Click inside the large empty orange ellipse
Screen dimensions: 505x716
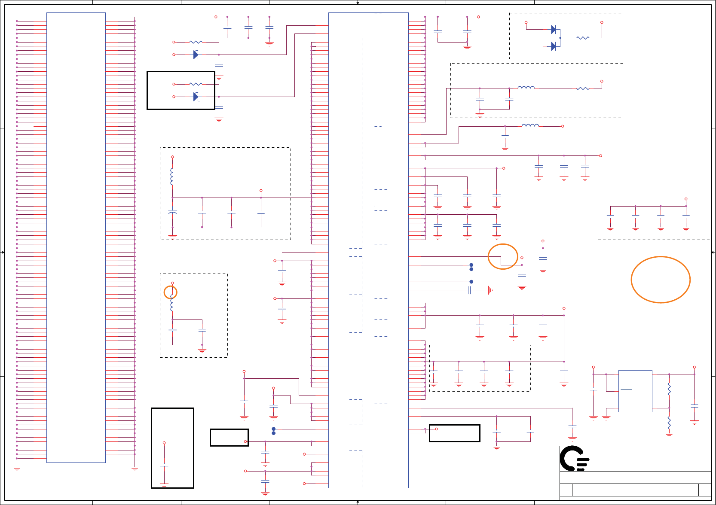[x=661, y=280]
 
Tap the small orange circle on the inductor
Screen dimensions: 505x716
[x=171, y=292]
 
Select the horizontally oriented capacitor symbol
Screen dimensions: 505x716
[x=470, y=290]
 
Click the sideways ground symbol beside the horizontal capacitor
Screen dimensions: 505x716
[x=490, y=290]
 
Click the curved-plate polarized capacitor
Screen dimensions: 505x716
[x=173, y=212]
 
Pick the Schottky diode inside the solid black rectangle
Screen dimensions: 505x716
[x=196, y=97]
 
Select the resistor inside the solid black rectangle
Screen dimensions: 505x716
[x=196, y=84]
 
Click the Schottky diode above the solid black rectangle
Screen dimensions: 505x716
[x=196, y=55]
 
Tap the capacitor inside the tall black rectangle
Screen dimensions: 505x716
[x=164, y=465]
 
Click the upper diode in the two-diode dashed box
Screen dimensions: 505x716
[x=554, y=30]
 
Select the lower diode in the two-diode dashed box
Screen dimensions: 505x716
[x=554, y=46]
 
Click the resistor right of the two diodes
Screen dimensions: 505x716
[x=583, y=38]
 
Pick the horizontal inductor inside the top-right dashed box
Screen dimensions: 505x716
[x=526, y=88]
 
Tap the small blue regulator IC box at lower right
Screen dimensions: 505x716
[x=635, y=391]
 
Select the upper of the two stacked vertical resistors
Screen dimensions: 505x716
[x=669, y=389]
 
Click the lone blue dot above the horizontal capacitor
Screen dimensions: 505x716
[x=471, y=282]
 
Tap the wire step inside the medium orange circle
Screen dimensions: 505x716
[x=502, y=260]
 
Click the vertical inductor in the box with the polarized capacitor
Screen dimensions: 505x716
[x=172, y=176]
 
